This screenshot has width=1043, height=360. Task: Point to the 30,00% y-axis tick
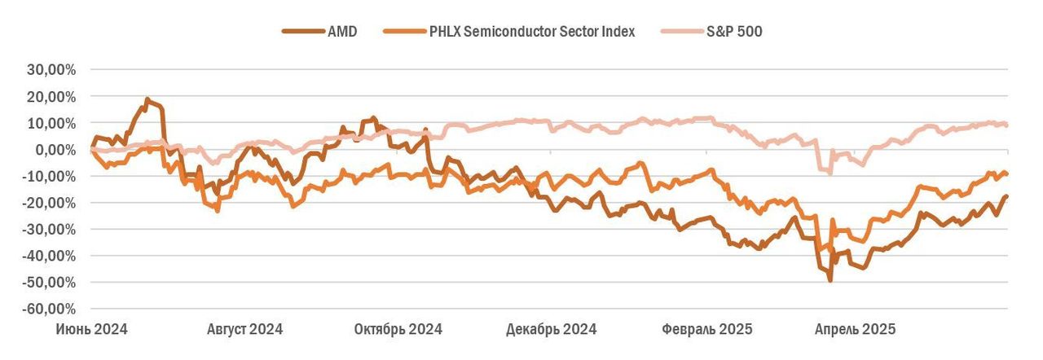tap(51, 70)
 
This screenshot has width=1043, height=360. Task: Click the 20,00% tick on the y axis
tap(51, 97)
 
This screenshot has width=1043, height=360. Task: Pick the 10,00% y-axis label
tap(51, 123)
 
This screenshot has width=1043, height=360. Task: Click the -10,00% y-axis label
tap(49, 177)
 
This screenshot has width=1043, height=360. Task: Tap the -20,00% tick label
tap(49, 203)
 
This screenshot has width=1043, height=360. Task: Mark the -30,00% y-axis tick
tap(49, 230)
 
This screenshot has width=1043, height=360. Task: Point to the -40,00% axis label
tap(49, 256)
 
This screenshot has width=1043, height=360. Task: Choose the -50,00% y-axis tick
tap(49, 283)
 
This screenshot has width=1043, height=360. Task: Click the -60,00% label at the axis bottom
tap(49, 310)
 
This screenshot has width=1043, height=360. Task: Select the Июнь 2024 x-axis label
tap(91, 330)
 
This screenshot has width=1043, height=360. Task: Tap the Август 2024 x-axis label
tap(244, 330)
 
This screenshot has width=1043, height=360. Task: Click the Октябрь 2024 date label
tap(398, 330)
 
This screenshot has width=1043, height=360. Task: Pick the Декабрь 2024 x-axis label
tap(552, 330)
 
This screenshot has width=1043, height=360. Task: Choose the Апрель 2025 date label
tap(856, 330)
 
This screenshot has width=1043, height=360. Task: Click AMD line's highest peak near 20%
tap(147, 99)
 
